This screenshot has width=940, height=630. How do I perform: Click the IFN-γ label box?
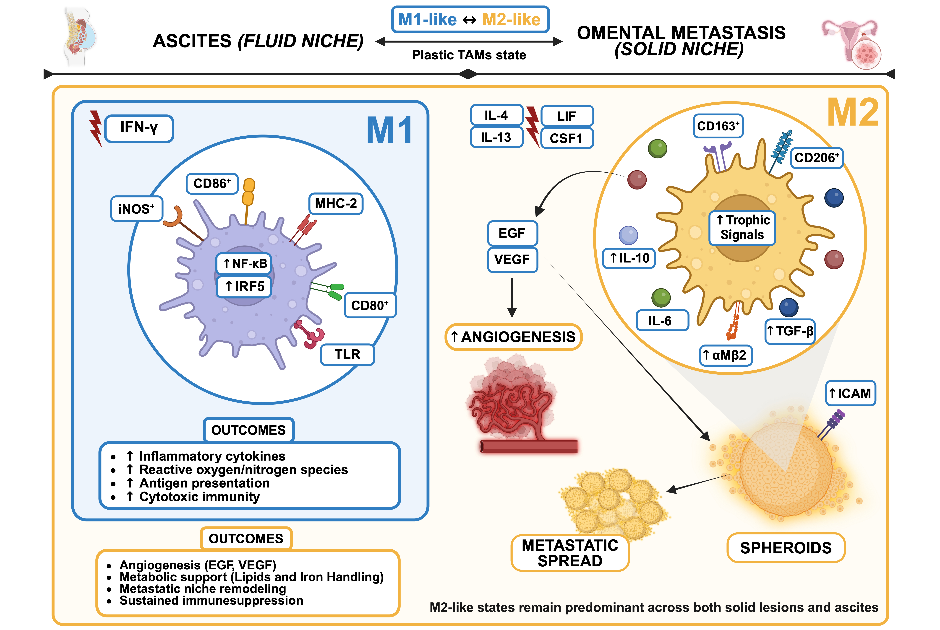click(x=139, y=129)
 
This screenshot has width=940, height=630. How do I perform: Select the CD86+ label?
click(x=212, y=184)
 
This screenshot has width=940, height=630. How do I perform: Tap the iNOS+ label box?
click(x=137, y=209)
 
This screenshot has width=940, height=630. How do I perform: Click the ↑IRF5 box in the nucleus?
click(x=244, y=286)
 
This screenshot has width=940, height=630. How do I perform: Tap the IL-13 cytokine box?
click(x=496, y=137)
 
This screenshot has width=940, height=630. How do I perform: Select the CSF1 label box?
click(x=567, y=138)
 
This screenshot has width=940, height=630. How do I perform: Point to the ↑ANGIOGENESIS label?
click(x=513, y=337)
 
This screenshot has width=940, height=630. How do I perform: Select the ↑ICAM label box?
click(x=850, y=393)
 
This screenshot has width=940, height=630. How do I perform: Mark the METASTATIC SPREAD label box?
click(x=570, y=553)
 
